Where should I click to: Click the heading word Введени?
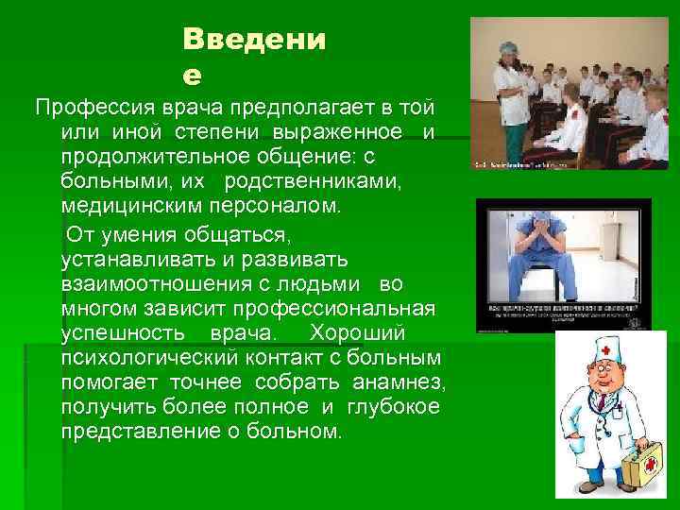click(254, 41)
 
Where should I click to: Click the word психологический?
click(152, 358)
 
